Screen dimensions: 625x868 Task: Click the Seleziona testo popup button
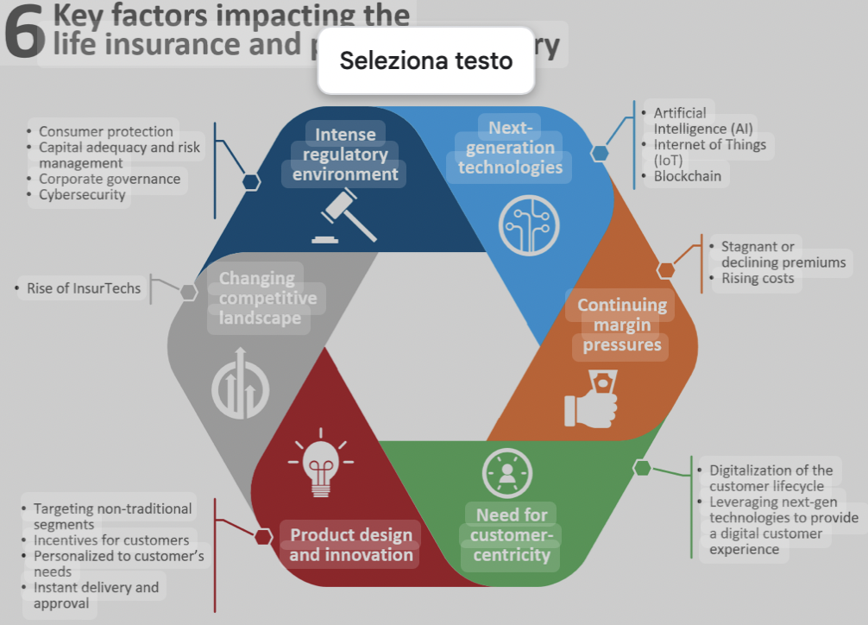point(426,60)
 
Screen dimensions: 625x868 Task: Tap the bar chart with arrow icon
point(240,383)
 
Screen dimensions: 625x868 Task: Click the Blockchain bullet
point(687,176)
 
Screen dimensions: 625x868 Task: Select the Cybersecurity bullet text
point(82,195)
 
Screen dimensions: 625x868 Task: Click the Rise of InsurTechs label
point(83,288)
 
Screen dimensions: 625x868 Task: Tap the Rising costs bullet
point(757,278)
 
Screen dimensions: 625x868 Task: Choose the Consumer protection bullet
point(105,132)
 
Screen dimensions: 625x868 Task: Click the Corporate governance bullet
point(109,179)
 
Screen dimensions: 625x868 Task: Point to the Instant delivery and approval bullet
point(95,596)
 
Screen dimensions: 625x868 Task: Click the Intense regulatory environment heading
point(345,155)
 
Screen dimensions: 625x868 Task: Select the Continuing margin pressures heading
point(621,325)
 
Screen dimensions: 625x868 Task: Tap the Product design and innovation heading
point(350,545)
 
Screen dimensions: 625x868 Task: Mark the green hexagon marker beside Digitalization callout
point(642,468)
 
